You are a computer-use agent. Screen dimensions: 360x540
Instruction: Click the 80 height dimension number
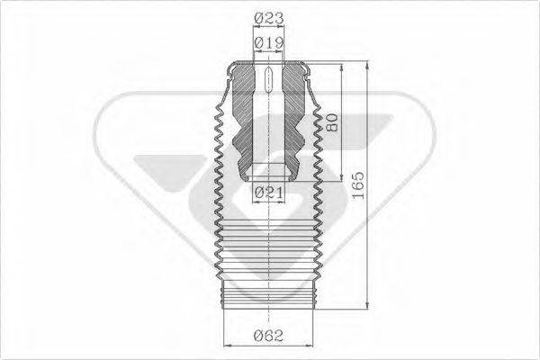click(332, 122)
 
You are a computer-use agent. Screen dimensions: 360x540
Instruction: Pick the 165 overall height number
click(358, 185)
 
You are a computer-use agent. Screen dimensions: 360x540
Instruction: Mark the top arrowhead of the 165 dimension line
click(369, 66)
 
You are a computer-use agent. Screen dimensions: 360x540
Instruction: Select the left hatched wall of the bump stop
click(243, 117)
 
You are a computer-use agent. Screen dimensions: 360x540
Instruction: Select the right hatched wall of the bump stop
click(293, 117)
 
